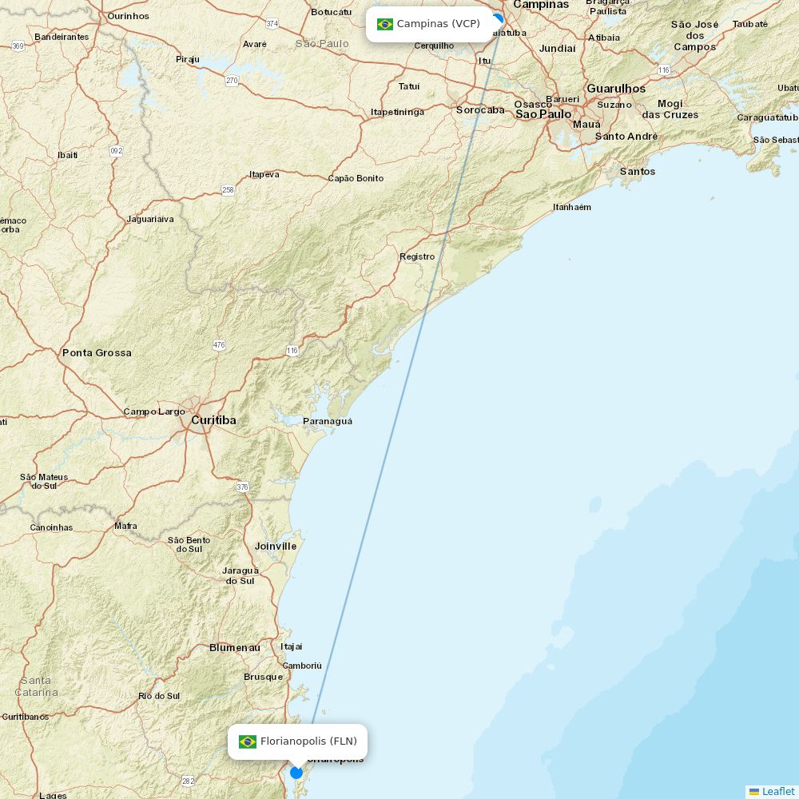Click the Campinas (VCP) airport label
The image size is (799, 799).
click(x=438, y=24)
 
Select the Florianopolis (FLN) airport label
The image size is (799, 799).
click(x=308, y=741)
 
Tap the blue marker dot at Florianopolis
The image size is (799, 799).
click(x=296, y=773)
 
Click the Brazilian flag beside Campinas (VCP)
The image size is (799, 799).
click(x=385, y=24)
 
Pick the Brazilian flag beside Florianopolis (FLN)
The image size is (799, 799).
click(x=248, y=741)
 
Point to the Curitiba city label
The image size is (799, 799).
click(x=213, y=420)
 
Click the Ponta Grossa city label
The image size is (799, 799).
click(x=97, y=352)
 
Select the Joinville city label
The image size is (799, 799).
click(x=276, y=547)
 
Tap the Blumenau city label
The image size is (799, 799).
click(x=235, y=647)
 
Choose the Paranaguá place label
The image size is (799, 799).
click(x=328, y=421)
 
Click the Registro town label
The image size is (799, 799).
click(x=417, y=256)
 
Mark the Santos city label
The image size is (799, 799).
click(x=638, y=171)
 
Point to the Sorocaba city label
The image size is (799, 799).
click(x=480, y=110)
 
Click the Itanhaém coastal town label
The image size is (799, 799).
click(x=572, y=207)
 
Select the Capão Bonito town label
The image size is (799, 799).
click(x=356, y=178)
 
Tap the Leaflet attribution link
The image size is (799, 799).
click(x=777, y=791)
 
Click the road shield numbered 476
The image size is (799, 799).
click(x=219, y=345)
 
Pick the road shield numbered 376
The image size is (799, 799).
click(x=243, y=487)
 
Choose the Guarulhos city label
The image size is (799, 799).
click(x=616, y=89)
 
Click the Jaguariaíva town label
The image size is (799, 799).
click(x=150, y=219)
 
